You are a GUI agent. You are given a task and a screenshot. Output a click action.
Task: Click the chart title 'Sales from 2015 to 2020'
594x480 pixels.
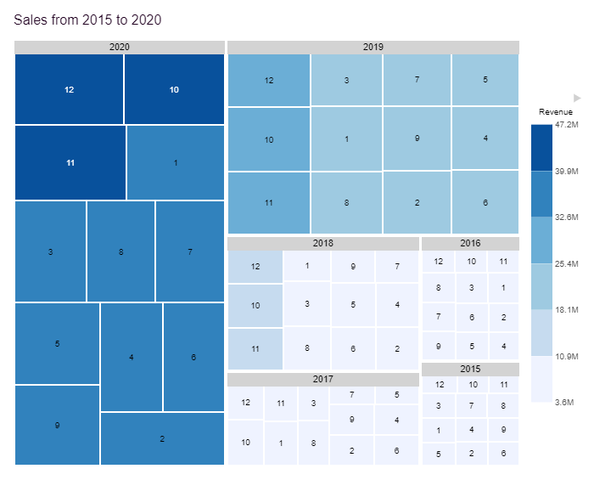point(87,19)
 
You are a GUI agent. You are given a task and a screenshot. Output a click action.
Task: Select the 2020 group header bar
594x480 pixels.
point(120,47)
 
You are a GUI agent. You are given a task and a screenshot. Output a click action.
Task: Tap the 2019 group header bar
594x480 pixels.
point(373,47)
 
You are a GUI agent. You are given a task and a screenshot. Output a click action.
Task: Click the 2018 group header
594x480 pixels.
point(323,243)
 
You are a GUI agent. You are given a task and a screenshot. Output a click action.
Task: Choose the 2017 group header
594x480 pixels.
point(323,379)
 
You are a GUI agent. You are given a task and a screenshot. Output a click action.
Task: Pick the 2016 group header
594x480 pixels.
point(470,243)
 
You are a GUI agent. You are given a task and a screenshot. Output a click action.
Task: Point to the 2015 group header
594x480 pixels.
point(470,369)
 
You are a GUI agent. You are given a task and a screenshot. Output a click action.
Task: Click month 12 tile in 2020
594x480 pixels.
point(69,89)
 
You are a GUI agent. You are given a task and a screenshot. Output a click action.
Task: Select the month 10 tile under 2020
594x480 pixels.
point(174,89)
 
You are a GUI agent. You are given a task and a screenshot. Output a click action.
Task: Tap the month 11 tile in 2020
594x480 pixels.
point(70,162)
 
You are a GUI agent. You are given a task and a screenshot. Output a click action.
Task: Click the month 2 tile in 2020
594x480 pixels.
point(162,438)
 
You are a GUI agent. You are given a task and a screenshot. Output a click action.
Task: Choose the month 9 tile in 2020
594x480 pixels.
point(57,425)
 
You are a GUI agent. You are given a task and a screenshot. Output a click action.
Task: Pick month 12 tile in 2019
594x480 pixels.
point(269,81)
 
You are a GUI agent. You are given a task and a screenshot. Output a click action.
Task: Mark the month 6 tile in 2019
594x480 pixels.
point(485,203)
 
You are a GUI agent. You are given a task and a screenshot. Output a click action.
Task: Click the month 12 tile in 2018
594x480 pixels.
point(255,267)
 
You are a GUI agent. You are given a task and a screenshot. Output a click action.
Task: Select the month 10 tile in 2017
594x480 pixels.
point(245,443)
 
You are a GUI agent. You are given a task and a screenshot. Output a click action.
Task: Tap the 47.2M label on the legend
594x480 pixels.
point(567,125)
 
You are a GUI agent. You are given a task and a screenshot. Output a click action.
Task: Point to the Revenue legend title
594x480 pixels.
point(555,112)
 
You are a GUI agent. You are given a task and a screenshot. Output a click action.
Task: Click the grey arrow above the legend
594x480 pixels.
point(577,98)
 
